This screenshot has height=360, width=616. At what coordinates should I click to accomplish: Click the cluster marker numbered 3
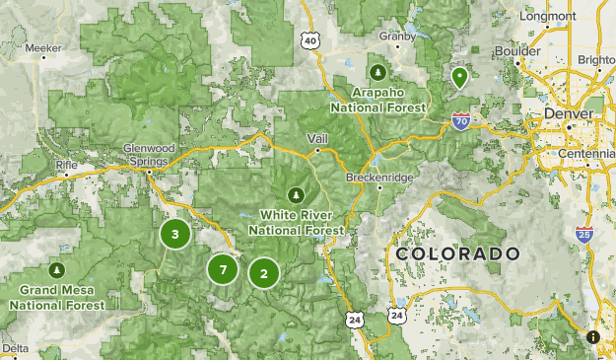(175, 234)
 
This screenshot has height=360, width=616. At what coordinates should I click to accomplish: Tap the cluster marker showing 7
(224, 269)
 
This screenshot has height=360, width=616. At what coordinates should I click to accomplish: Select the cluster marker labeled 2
(264, 273)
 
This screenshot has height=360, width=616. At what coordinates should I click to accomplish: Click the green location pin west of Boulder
(458, 77)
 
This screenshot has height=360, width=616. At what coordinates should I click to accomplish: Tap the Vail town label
(317, 139)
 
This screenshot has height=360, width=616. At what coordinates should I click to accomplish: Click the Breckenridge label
(380, 178)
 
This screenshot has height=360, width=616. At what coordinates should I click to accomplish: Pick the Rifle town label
(67, 164)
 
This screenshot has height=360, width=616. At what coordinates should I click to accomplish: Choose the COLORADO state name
(457, 254)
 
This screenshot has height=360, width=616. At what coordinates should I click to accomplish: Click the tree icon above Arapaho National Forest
(378, 72)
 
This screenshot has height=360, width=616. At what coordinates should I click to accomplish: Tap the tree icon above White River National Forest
(297, 193)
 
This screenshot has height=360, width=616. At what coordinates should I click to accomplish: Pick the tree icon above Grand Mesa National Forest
(57, 269)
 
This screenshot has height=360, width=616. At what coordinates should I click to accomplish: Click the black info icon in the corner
(593, 336)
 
